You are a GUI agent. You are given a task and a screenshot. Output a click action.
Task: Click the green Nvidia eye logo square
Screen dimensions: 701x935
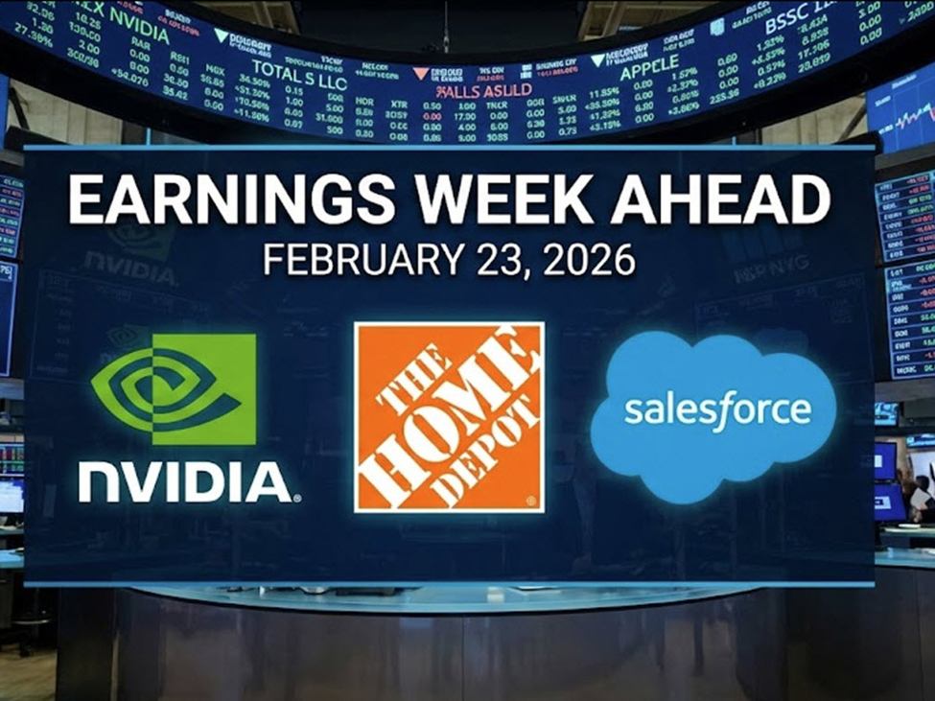pos(174,388)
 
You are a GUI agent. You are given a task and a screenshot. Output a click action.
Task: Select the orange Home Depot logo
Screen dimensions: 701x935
pos(449,416)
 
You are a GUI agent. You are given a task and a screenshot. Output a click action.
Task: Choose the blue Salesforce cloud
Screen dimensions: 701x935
pos(713,412)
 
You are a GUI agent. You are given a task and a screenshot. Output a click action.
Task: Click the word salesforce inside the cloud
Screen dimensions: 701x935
pos(717,410)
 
